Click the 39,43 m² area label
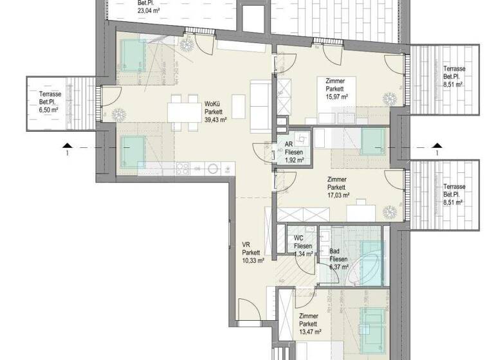coord(214,120)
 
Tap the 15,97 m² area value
coord(336,96)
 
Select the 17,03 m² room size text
coord(337,195)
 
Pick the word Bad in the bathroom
coord(334,252)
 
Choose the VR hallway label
coord(246,244)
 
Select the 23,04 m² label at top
coord(149,10)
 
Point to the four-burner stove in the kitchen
coord(182,169)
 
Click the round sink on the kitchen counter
coord(214,169)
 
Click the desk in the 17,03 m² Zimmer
coord(361,212)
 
